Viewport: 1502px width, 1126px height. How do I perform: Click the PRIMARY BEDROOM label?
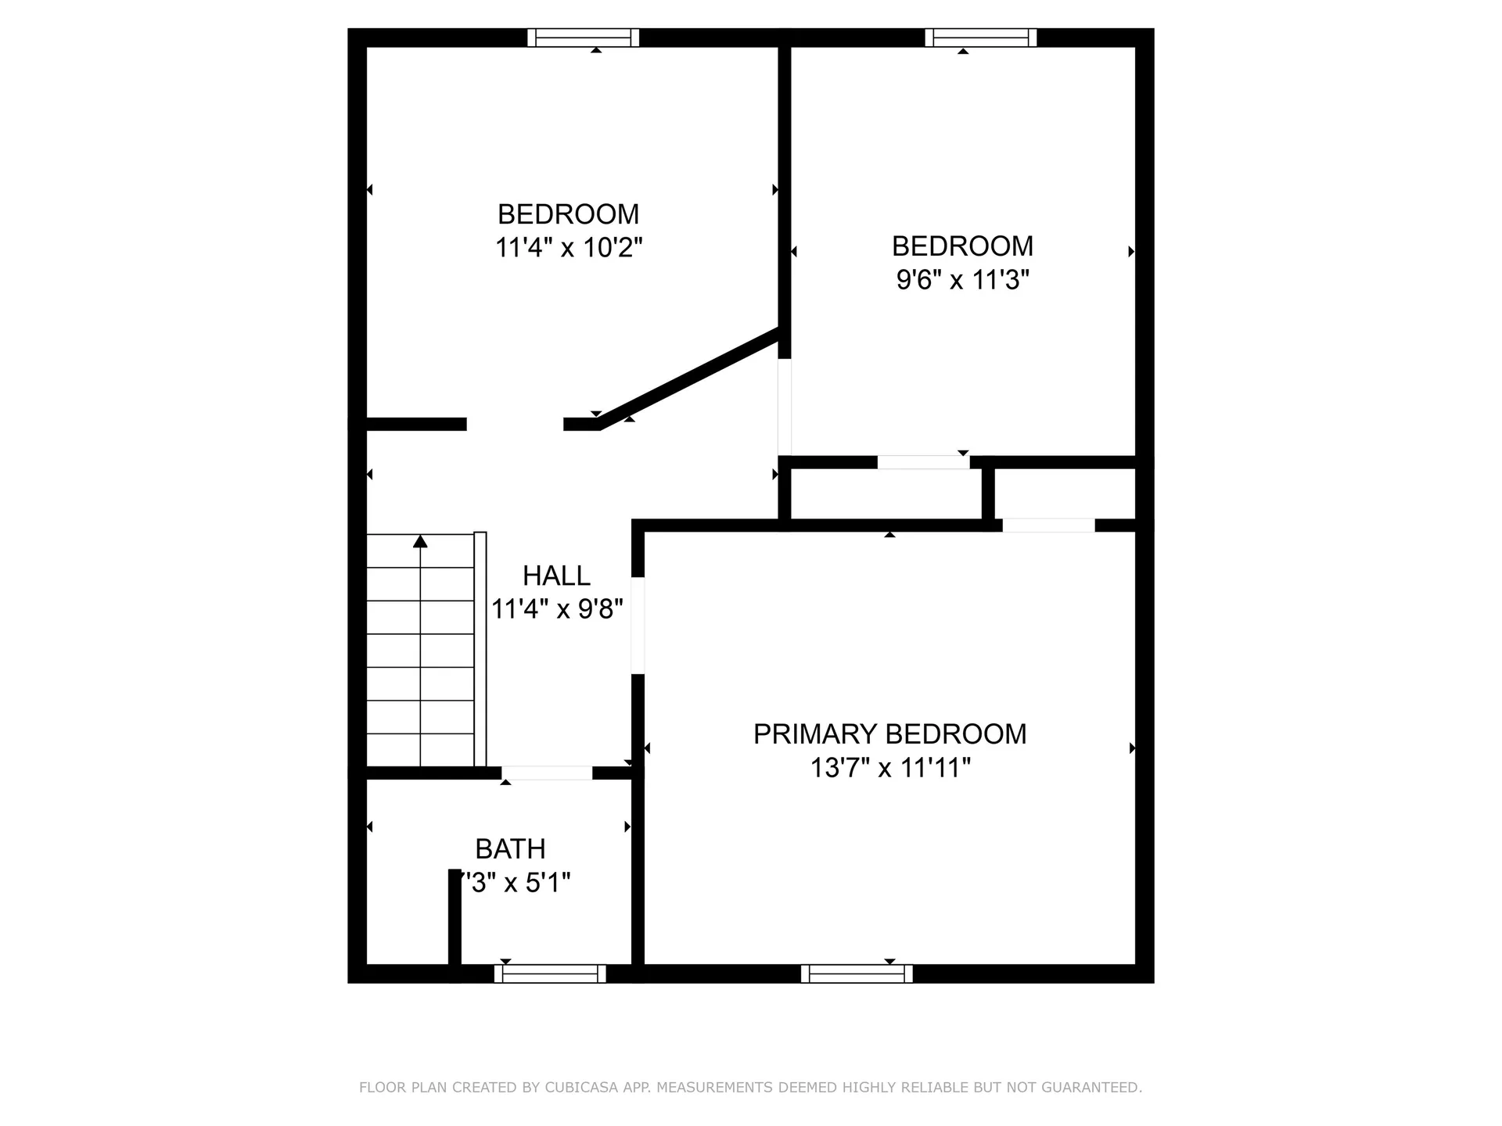[x=889, y=734]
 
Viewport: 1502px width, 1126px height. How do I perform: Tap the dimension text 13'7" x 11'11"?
[x=889, y=768]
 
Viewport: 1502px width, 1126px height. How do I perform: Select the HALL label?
[x=556, y=576]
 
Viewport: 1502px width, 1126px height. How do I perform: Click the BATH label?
[x=510, y=849]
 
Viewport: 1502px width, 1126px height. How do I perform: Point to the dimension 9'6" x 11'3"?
[x=962, y=279]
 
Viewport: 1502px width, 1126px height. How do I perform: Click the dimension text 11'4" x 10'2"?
[x=569, y=248]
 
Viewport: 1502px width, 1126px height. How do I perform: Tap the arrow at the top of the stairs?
[x=421, y=541]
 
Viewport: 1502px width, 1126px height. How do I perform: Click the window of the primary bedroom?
[x=857, y=974]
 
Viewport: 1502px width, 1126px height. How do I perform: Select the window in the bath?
[x=550, y=974]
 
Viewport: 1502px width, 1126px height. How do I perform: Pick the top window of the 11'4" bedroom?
[x=583, y=38]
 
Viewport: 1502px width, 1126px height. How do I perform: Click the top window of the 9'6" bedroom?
[x=981, y=38]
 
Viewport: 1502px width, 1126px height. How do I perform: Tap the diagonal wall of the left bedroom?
[x=688, y=380]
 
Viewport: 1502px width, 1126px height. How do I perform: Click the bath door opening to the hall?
[x=547, y=773]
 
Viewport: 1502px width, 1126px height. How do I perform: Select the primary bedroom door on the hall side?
[x=638, y=626]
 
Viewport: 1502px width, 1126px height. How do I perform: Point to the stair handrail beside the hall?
[x=480, y=649]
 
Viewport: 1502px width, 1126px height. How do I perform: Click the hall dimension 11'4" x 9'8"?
[x=556, y=609]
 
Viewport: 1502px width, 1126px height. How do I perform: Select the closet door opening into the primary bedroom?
[x=1048, y=525]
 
